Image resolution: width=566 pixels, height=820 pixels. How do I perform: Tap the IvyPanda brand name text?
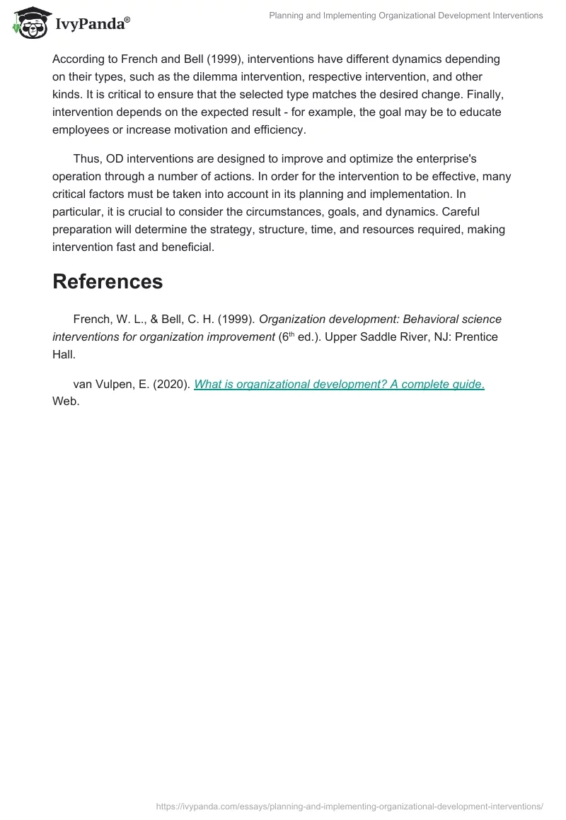pos(90,25)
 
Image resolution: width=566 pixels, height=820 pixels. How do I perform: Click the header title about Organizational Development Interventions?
pos(406,16)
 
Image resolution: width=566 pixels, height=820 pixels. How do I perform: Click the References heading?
pos(108,281)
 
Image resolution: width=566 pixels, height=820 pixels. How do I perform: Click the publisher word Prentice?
pos(476,336)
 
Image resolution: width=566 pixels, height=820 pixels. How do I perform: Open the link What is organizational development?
pos(339,384)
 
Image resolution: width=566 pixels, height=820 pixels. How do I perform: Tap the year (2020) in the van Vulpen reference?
pos(171,384)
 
